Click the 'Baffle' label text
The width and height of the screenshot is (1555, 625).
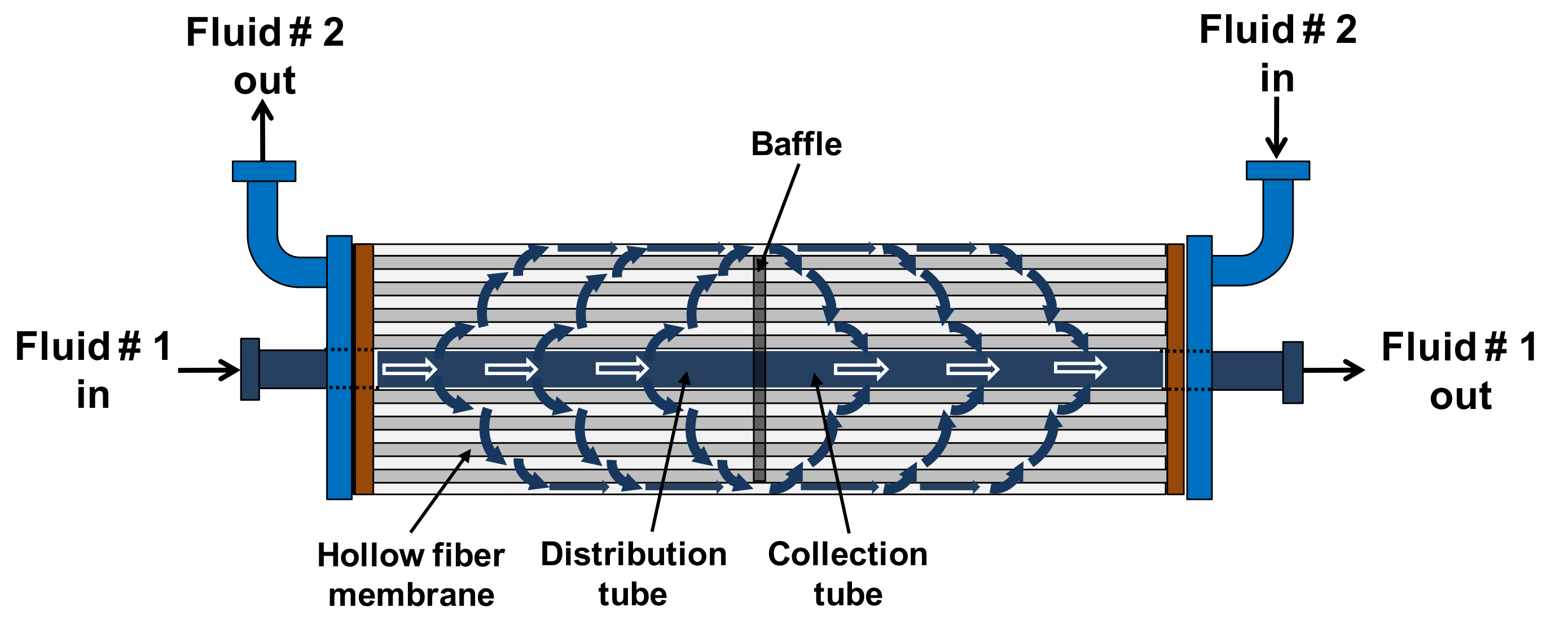click(x=796, y=144)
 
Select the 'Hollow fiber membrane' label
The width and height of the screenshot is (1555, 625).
click(x=411, y=574)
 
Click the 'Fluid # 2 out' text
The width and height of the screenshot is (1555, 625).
click(x=265, y=56)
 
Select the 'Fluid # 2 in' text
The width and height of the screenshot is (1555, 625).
click(x=1277, y=54)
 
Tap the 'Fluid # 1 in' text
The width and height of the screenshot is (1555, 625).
click(x=93, y=370)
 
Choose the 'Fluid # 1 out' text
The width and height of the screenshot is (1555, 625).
click(x=1459, y=371)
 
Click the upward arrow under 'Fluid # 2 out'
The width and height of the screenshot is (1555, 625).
click(x=262, y=130)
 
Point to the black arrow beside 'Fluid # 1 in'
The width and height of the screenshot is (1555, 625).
click(x=209, y=370)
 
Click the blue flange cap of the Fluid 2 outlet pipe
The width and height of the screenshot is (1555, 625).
click(x=264, y=171)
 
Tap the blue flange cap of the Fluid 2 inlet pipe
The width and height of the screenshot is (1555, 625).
click(x=1277, y=170)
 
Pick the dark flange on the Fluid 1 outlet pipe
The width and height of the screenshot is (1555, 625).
click(x=1293, y=372)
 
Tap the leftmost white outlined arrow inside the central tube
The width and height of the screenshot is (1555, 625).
click(x=409, y=368)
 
